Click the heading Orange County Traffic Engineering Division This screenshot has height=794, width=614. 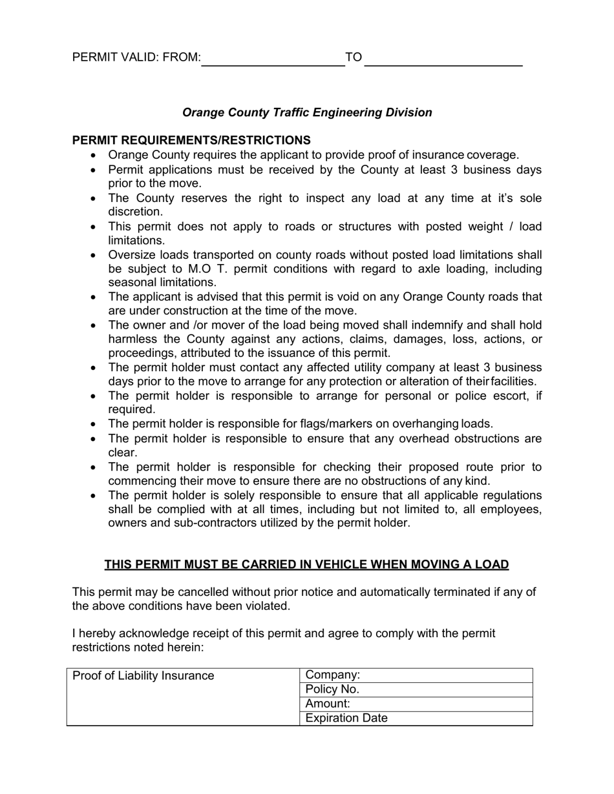[x=307, y=112]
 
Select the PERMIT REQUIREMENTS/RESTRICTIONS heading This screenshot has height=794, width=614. [x=191, y=140]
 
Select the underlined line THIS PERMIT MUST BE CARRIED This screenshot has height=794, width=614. [x=306, y=564]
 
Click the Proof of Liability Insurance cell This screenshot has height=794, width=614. [x=143, y=676]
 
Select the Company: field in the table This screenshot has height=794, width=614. [x=416, y=675]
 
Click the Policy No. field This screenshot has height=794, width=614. [x=416, y=689]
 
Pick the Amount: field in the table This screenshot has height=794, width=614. [x=416, y=704]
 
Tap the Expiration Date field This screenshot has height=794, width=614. [x=416, y=718]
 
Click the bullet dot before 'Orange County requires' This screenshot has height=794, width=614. [x=94, y=156]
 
